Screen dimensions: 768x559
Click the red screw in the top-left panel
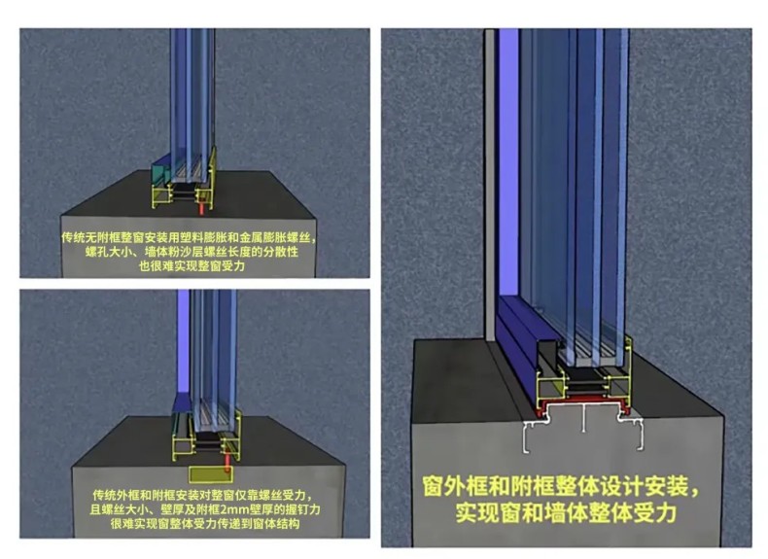[200, 208]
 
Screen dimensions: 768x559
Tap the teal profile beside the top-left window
[160, 170]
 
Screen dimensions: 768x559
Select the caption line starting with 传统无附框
[189, 238]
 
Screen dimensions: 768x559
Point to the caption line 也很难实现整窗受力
[192, 266]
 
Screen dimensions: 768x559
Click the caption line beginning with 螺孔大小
[192, 253]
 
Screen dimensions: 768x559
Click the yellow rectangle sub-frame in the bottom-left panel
[211, 473]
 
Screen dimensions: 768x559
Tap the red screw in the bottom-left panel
[228, 464]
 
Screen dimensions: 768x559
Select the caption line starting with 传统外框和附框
[202, 495]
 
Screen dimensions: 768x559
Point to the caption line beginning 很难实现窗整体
[205, 524]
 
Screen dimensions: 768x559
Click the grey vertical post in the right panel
[490, 185]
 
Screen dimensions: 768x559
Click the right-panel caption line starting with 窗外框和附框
[562, 486]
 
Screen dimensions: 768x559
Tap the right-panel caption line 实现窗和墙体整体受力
[566, 512]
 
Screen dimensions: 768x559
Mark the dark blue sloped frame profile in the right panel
[518, 343]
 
